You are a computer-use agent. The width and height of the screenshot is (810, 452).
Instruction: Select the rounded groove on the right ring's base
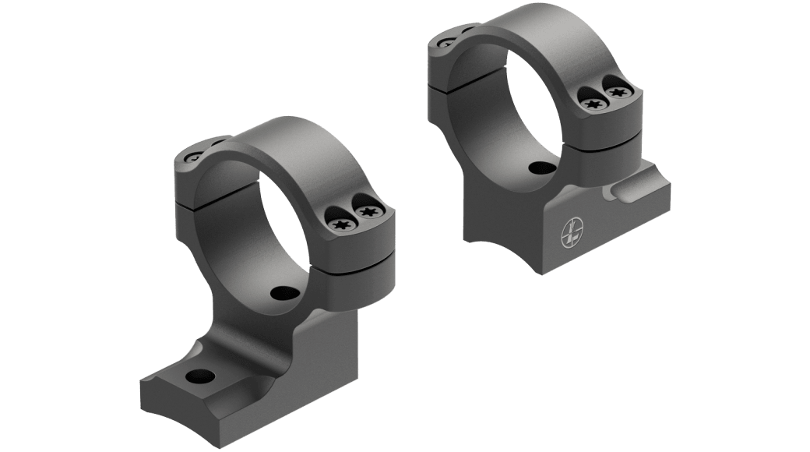(x=632, y=190)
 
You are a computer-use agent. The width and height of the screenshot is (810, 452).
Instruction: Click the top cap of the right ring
(x=530, y=27)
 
